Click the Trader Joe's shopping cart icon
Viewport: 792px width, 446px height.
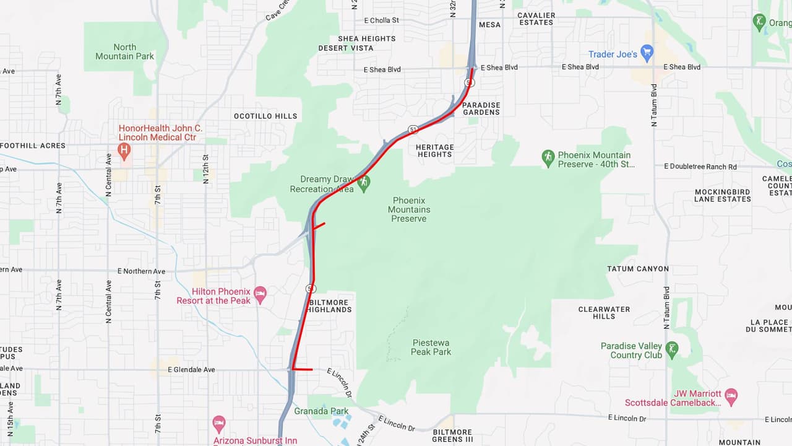[x=647, y=54]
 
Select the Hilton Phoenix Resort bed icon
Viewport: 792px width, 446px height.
[x=260, y=295]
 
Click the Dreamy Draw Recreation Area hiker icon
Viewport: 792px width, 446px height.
[x=364, y=183]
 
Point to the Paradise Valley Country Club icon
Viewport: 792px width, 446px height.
[x=672, y=349]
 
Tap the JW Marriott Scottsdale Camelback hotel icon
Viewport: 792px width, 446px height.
[x=731, y=397]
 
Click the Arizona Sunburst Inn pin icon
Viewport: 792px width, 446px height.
[x=219, y=424]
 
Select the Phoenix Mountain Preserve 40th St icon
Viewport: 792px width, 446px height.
[x=548, y=159]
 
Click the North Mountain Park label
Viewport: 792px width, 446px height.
[x=124, y=51]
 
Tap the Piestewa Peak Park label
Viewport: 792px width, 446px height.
[x=431, y=347]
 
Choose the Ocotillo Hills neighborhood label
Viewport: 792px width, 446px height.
[x=265, y=116]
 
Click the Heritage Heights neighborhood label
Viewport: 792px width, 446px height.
[x=435, y=151]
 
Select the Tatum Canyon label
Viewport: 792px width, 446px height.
[x=637, y=269]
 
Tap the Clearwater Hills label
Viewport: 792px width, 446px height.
[x=604, y=313]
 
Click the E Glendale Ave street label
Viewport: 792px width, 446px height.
[x=191, y=370]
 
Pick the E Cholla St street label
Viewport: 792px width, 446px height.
[x=382, y=20]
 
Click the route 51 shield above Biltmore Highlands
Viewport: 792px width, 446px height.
[x=311, y=289]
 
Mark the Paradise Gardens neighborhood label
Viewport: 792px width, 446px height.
[x=481, y=108]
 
